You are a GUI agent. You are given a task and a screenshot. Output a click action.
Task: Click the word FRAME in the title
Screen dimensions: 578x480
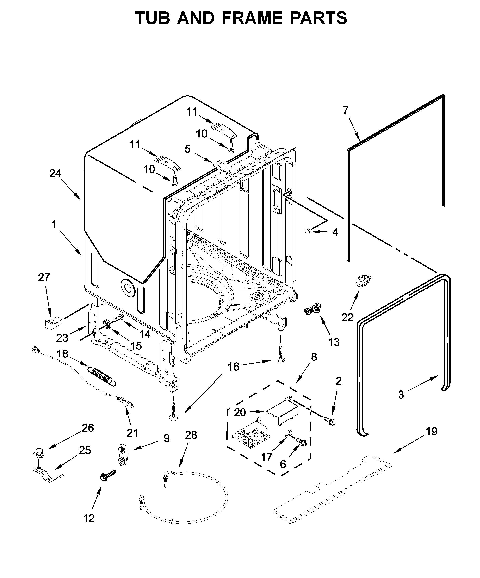point(252,18)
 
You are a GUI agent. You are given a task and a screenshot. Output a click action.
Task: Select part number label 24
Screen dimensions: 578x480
point(55,173)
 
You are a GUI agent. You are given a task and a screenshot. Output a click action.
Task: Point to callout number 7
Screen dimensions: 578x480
point(346,111)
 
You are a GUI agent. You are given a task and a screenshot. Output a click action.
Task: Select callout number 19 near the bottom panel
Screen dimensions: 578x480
point(432,432)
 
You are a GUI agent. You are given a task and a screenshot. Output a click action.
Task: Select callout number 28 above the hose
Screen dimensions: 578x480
point(191,435)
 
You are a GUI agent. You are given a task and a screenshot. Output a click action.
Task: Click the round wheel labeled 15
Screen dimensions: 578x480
point(107,324)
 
